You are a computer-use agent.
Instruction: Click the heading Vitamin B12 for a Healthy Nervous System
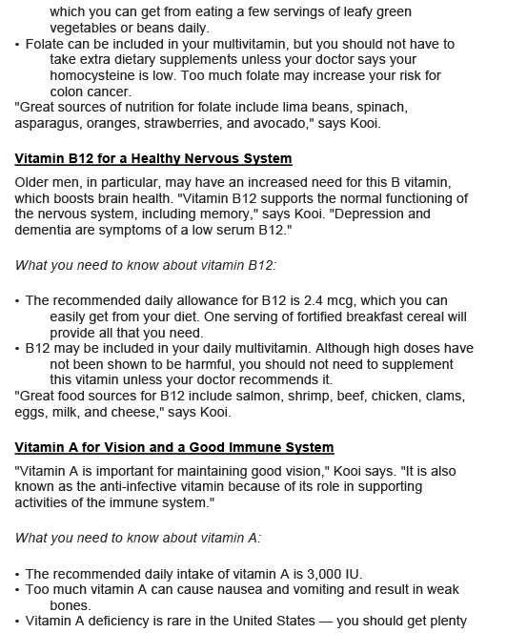pos(153,158)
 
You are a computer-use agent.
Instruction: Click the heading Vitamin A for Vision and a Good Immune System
pos(174,446)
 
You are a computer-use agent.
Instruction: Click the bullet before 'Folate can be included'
pos(18,45)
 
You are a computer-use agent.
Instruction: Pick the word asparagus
pos(51,125)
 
